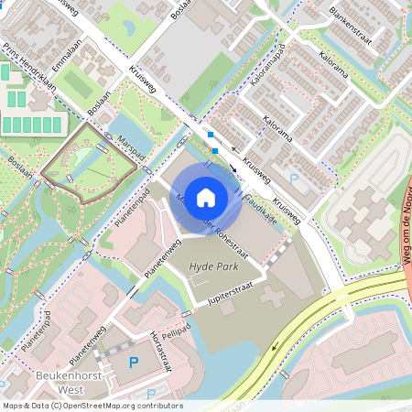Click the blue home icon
coord(206,197)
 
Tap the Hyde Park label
coord(213,266)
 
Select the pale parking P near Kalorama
coord(294,179)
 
